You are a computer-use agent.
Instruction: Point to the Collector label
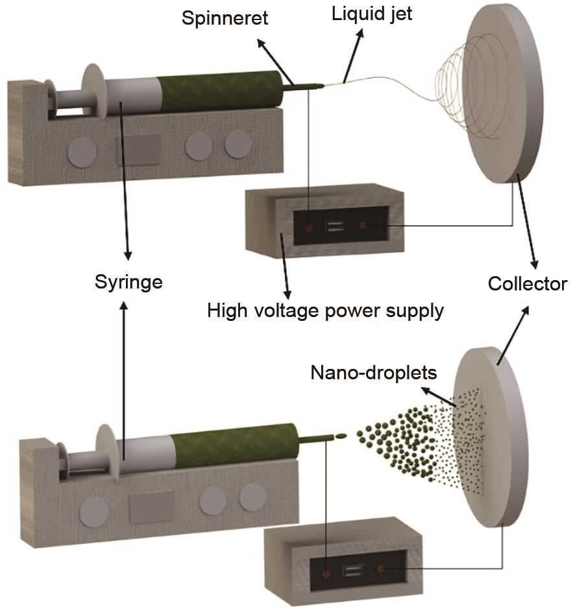click(x=528, y=284)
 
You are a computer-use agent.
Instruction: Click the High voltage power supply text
click(x=325, y=311)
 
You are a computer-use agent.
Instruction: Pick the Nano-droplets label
click(x=374, y=373)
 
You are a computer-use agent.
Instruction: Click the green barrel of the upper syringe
click(x=221, y=91)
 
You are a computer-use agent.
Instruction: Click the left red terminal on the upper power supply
click(x=308, y=227)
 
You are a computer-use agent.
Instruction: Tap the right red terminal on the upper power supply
click(x=363, y=226)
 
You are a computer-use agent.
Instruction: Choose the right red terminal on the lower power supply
click(x=380, y=570)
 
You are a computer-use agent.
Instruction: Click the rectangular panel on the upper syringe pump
click(x=140, y=150)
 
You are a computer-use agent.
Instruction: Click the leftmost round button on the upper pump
click(x=82, y=151)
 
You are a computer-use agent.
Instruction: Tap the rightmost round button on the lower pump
click(x=252, y=497)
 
